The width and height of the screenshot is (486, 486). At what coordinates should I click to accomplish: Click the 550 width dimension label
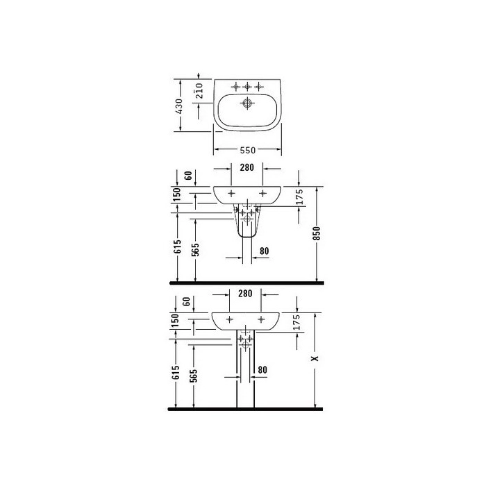[248, 151]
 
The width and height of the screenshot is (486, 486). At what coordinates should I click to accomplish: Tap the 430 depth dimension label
[179, 106]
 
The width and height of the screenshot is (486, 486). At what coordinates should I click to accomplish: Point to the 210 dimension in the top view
[199, 90]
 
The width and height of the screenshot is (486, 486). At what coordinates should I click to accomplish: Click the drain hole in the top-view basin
[247, 103]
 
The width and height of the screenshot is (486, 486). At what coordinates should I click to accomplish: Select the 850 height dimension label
[317, 233]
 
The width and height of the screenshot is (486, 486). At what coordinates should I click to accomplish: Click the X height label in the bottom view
[315, 358]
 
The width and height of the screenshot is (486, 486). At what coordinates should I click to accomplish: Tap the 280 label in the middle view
[246, 167]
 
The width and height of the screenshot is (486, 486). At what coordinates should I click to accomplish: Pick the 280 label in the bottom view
[245, 293]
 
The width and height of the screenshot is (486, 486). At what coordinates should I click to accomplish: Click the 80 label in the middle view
[264, 251]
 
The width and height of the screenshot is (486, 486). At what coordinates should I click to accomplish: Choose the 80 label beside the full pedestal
[262, 370]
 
